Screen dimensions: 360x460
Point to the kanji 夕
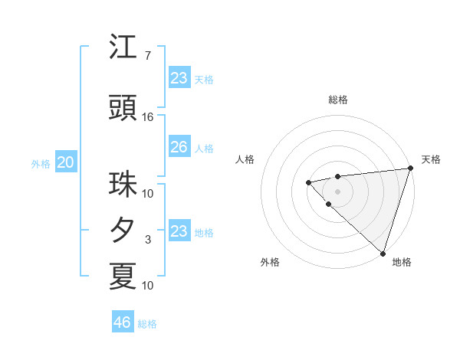pyautogui.click(x=123, y=231)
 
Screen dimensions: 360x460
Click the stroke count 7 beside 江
pyautogui.click(x=147, y=56)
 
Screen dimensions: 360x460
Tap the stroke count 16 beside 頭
pyautogui.click(x=147, y=117)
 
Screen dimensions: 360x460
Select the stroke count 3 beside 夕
pyautogui.click(x=147, y=240)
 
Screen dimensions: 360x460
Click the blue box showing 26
pyautogui.click(x=179, y=147)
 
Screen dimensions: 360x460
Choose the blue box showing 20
pyautogui.click(x=65, y=162)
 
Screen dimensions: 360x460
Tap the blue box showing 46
pyautogui.click(x=123, y=322)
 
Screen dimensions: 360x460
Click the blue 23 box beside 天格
pyautogui.click(x=179, y=77)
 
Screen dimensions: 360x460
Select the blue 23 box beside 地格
pyautogui.click(x=179, y=231)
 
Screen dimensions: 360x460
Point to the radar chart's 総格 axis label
pyautogui.click(x=337, y=100)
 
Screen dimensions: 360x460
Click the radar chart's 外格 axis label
pyautogui.click(x=270, y=262)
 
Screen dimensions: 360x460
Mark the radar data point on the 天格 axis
pyautogui.click(x=410, y=168)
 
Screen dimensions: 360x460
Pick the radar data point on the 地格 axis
pyautogui.click(x=383, y=253)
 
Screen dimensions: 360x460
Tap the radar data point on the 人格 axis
pyautogui.click(x=308, y=182)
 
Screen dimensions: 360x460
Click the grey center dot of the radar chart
pyautogui.click(x=337, y=191)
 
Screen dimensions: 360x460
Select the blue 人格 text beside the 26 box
pyautogui.click(x=204, y=148)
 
